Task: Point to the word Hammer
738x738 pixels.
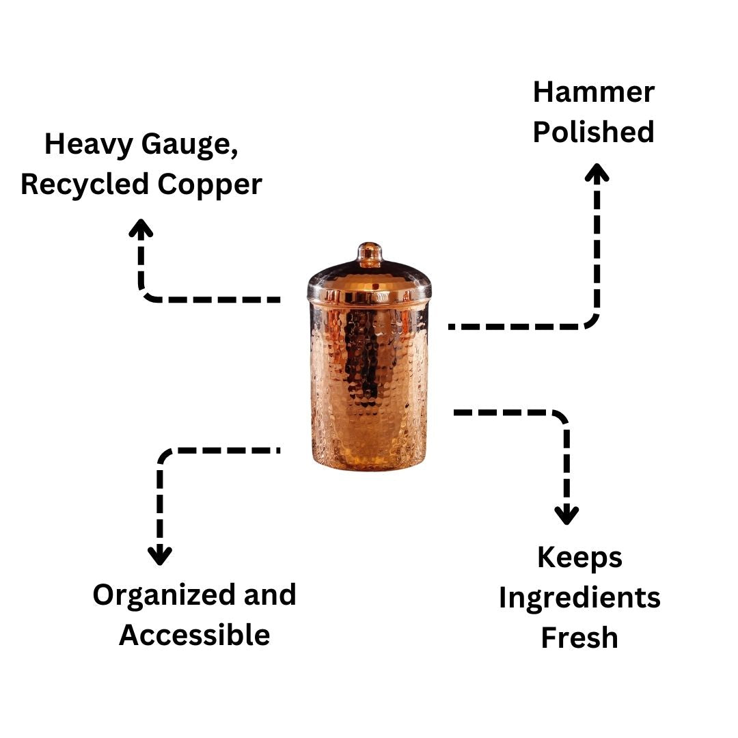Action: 593,92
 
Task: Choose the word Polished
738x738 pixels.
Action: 593,132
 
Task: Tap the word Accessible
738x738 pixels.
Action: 195,635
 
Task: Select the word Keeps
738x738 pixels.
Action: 579,558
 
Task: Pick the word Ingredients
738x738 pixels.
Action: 579,598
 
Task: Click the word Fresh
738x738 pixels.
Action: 579,638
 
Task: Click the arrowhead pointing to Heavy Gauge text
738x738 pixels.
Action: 141,228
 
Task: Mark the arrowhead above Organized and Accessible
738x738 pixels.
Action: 160,555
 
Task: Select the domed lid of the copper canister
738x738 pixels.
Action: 369,280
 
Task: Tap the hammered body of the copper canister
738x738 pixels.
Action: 369,383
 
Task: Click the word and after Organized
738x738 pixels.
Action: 271,595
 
